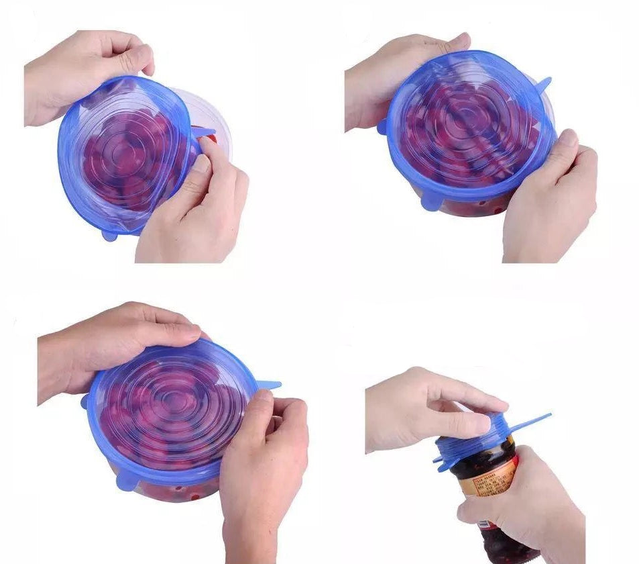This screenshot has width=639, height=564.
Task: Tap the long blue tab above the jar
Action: point(529,424)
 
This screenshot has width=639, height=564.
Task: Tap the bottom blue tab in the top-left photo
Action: point(109,235)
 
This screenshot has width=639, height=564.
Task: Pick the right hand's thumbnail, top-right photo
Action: point(567,139)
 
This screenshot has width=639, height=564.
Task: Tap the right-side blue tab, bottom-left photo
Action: point(268,385)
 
